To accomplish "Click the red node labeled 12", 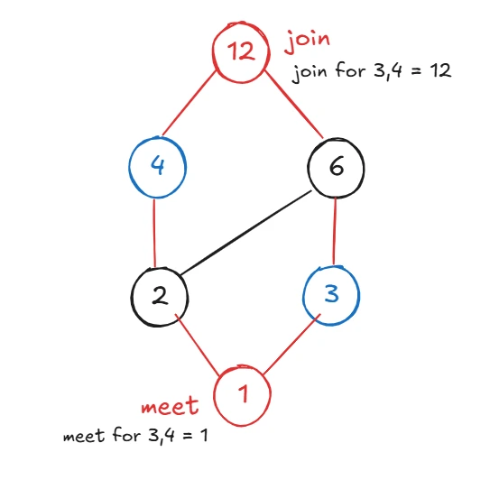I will [241, 51].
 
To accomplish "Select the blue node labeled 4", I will [156, 167].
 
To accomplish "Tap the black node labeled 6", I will [336, 169].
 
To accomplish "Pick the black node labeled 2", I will [159, 296].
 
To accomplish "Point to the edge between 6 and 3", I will [336, 232].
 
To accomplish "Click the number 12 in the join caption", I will [439, 72].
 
